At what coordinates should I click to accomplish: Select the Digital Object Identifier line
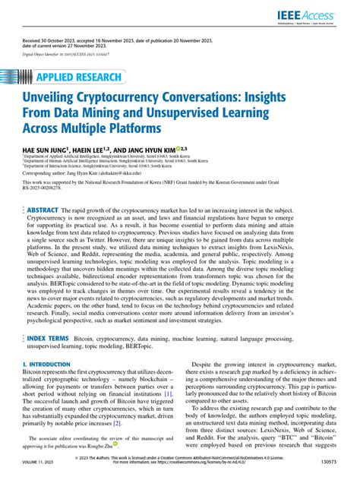point(65,55)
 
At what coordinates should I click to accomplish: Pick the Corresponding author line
point(84,172)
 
